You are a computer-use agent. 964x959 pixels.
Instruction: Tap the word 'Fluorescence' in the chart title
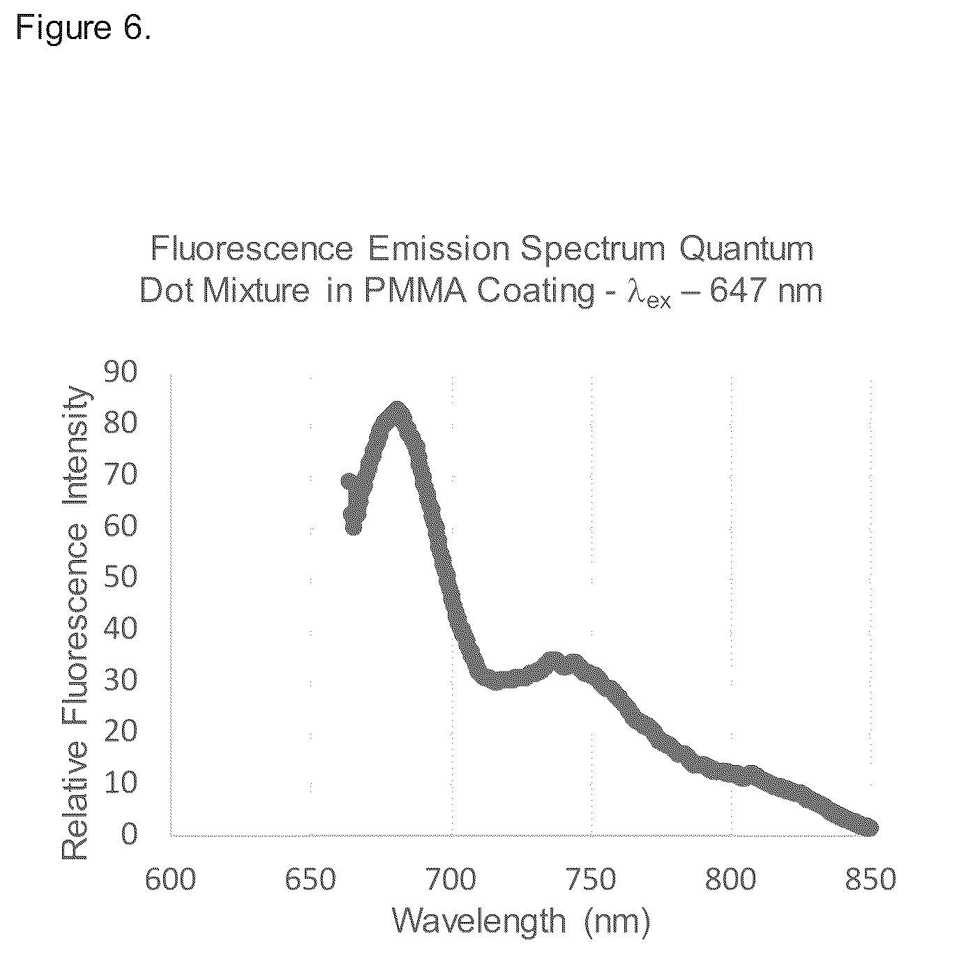point(252,248)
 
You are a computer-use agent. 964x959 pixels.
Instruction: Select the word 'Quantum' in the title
point(746,248)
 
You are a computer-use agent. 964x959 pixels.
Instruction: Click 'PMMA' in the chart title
point(415,290)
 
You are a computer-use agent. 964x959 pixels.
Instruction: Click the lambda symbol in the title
point(636,292)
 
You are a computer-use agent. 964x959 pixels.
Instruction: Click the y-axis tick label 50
point(120,577)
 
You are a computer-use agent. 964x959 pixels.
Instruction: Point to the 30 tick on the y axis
point(120,680)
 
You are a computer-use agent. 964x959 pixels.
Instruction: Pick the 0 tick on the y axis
point(128,834)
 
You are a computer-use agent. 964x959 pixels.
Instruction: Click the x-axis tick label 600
point(170,880)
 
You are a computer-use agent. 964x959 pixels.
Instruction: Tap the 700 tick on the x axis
point(451,880)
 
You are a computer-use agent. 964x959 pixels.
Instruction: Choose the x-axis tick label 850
point(871,880)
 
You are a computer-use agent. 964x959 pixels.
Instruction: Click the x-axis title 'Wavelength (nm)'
point(521,921)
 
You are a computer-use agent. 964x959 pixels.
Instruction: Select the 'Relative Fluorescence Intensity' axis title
point(75,623)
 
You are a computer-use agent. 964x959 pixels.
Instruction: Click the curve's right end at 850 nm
point(870,827)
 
